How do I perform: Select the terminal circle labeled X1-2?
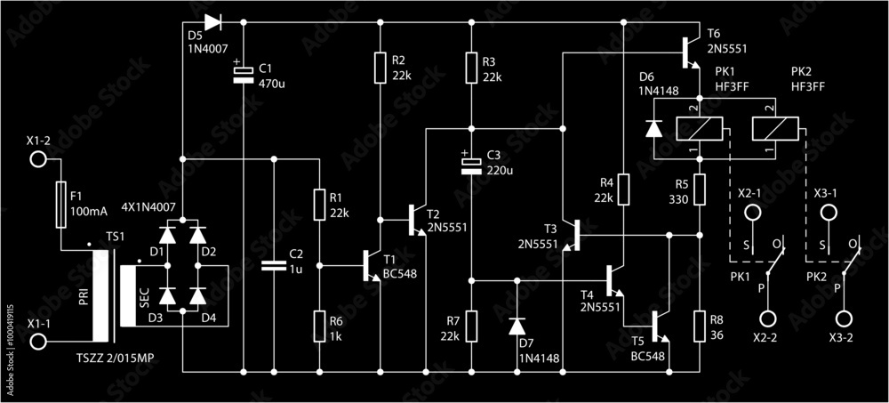[38, 160]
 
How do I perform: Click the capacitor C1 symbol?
[243, 75]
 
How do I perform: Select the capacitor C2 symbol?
[274, 265]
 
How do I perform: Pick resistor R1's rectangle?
[319, 203]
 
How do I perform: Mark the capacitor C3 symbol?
[471, 165]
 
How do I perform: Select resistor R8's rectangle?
[700, 325]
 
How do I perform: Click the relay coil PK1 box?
[699, 129]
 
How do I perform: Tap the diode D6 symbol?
[653, 129]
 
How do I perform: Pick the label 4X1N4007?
[148, 206]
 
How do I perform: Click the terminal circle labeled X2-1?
[751, 214]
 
